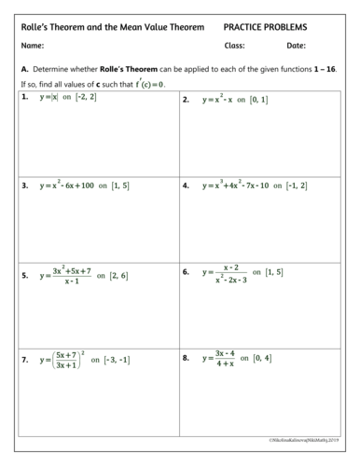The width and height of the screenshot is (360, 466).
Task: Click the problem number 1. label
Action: coord(24,97)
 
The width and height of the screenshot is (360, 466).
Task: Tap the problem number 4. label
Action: coord(187,185)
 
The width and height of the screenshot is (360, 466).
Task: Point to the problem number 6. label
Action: coord(187,272)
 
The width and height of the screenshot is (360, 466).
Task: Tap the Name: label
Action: coord(33,46)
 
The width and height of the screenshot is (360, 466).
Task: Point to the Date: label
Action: coord(296,46)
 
